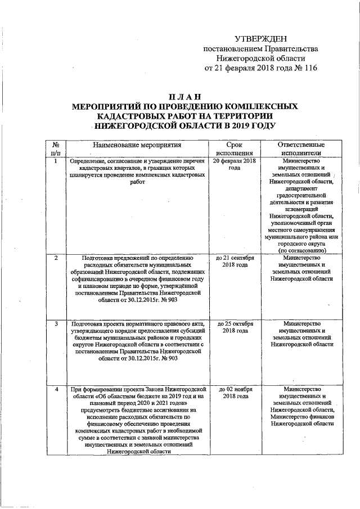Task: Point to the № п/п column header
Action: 56,148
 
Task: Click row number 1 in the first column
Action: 56,161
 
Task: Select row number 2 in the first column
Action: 56,258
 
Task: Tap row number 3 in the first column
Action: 56,324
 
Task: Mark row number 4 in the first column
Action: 56,389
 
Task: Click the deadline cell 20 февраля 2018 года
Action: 235,165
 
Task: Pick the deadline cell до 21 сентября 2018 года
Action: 235,262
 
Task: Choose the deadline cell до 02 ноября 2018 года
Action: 235,393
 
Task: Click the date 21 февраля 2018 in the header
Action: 243,69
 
